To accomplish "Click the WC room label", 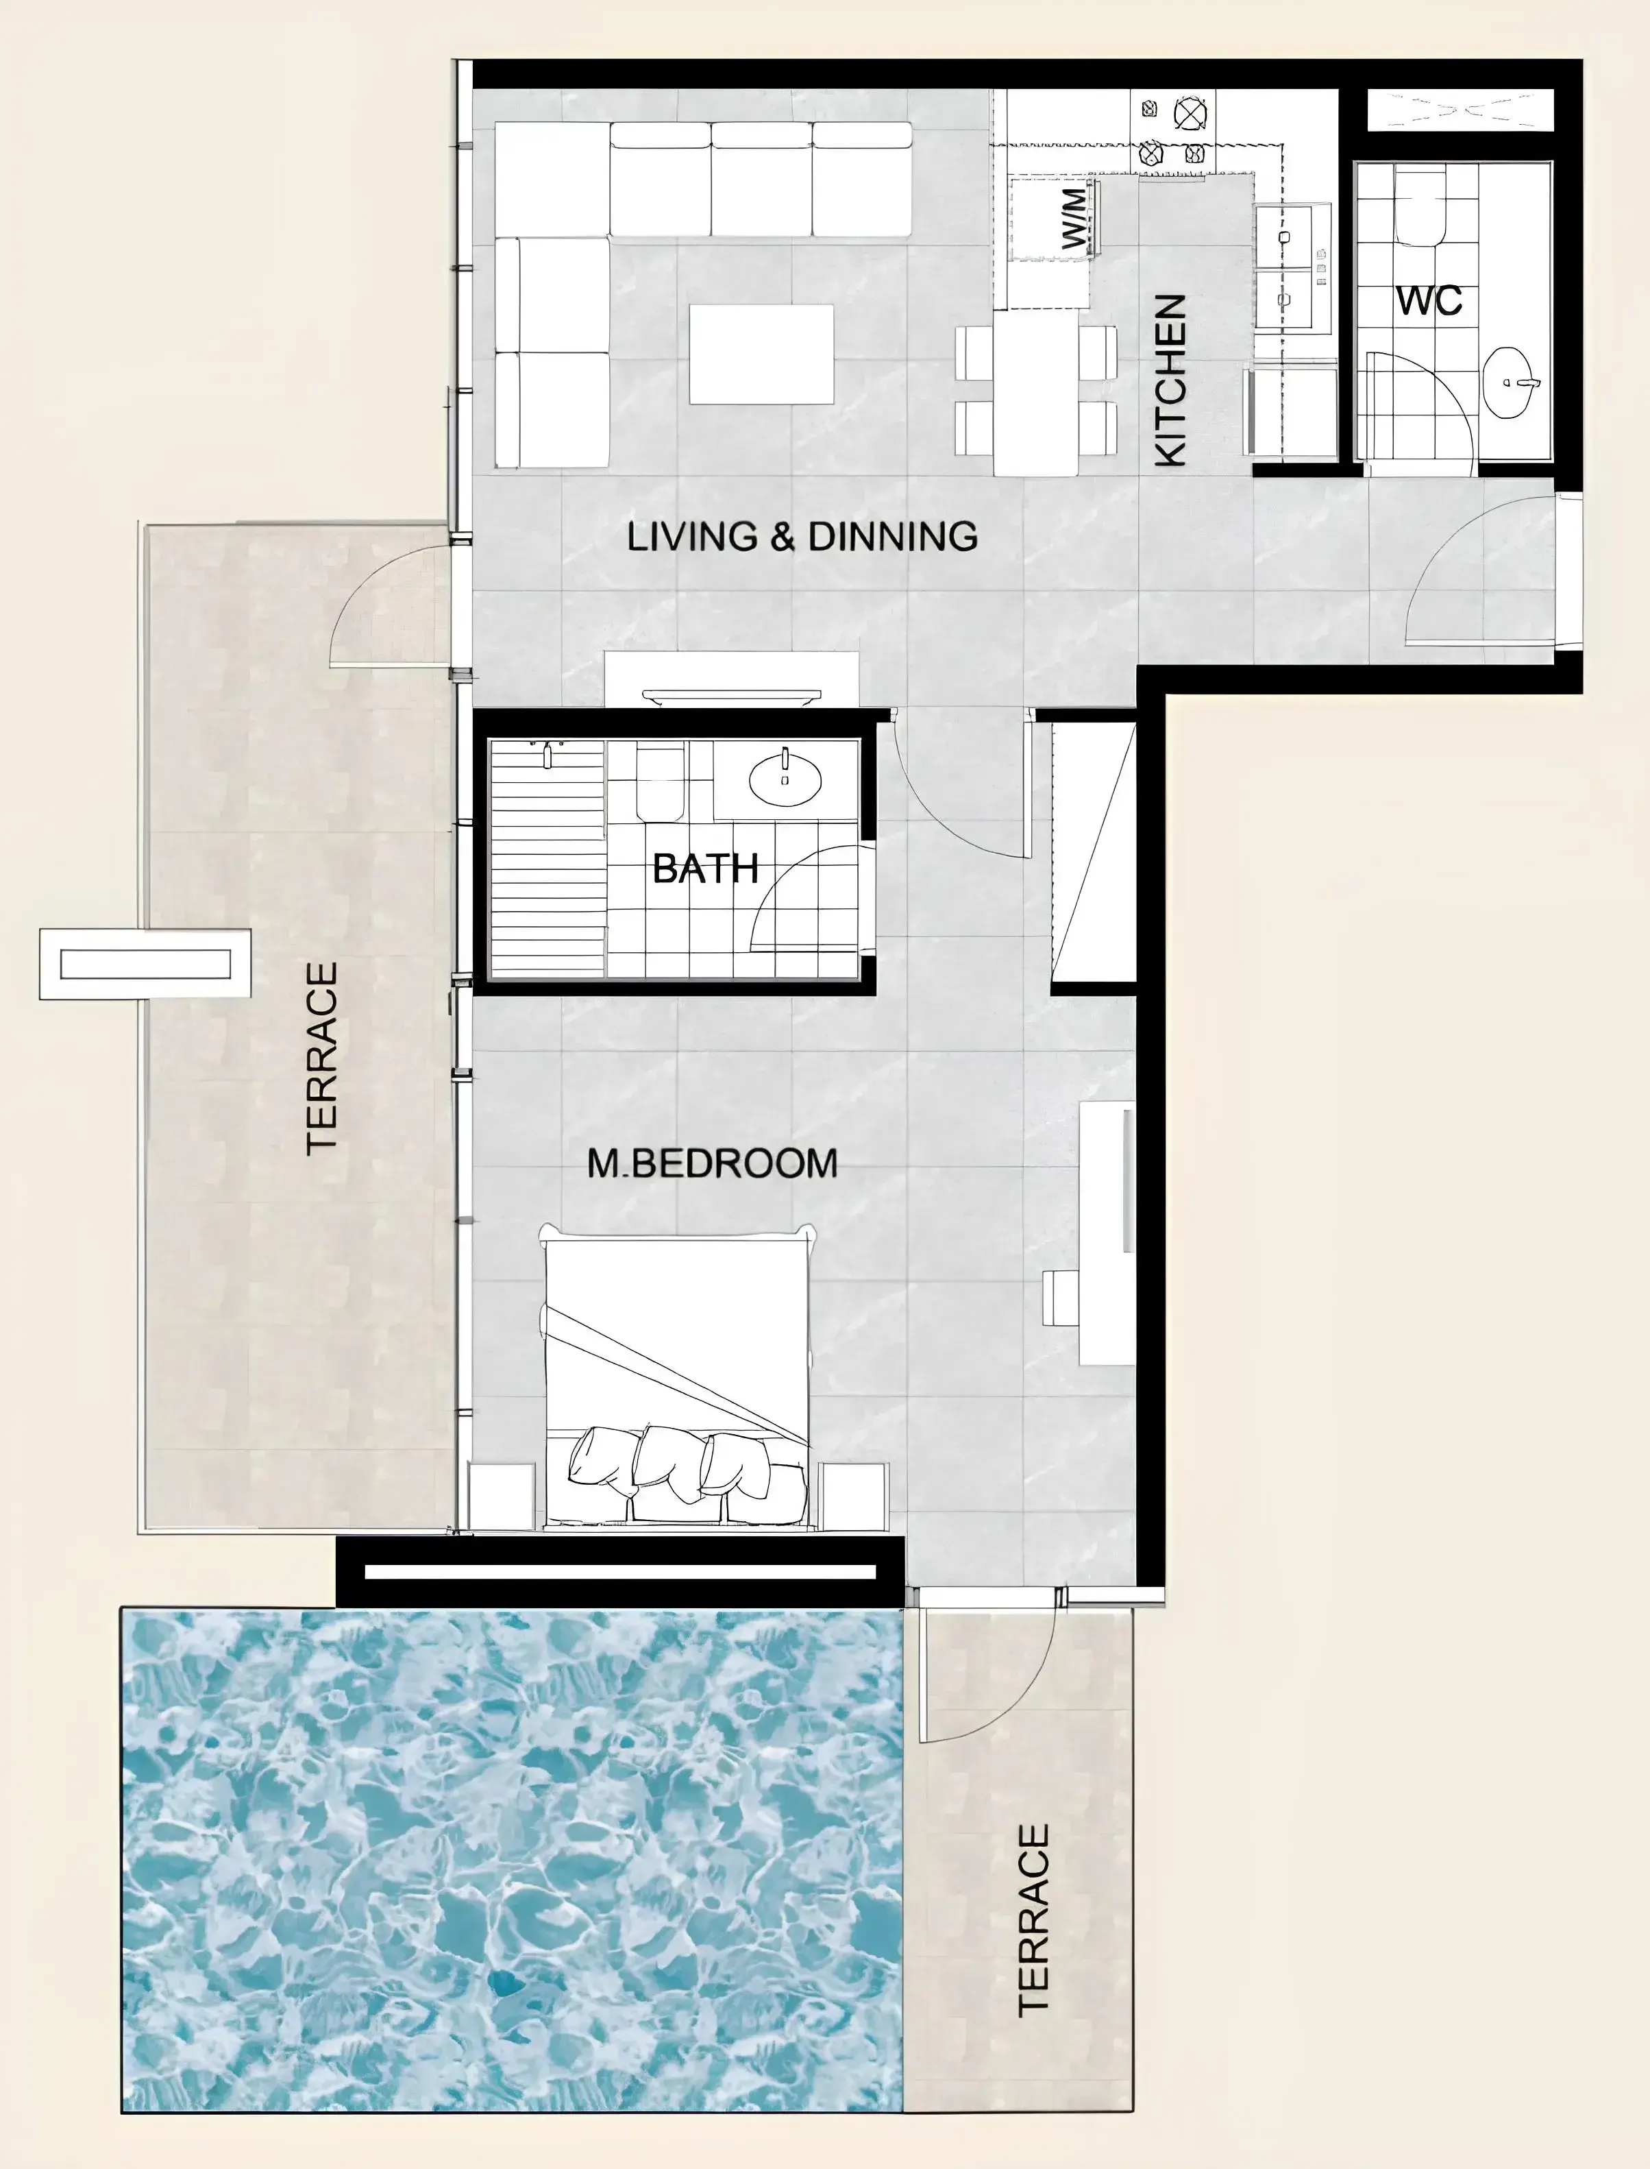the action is tap(1430, 300).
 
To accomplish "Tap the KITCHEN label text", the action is tap(1172, 380).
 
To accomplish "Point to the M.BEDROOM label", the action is tap(712, 1163).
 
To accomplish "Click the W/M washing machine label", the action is tap(1076, 218).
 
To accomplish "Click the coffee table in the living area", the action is tap(761, 354).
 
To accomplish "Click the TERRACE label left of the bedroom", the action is tap(322, 1058).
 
